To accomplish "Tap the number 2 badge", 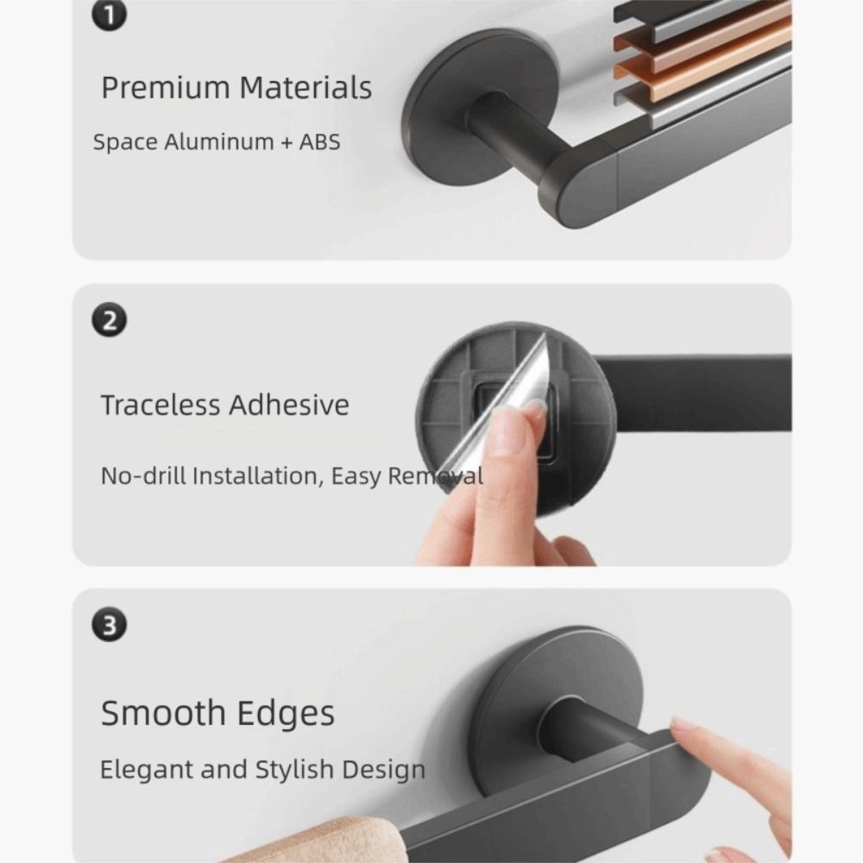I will click(109, 321).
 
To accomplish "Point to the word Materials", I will click(306, 88).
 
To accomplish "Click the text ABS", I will click(319, 142).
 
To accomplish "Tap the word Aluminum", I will click(218, 142).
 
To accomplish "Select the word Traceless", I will click(163, 405).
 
